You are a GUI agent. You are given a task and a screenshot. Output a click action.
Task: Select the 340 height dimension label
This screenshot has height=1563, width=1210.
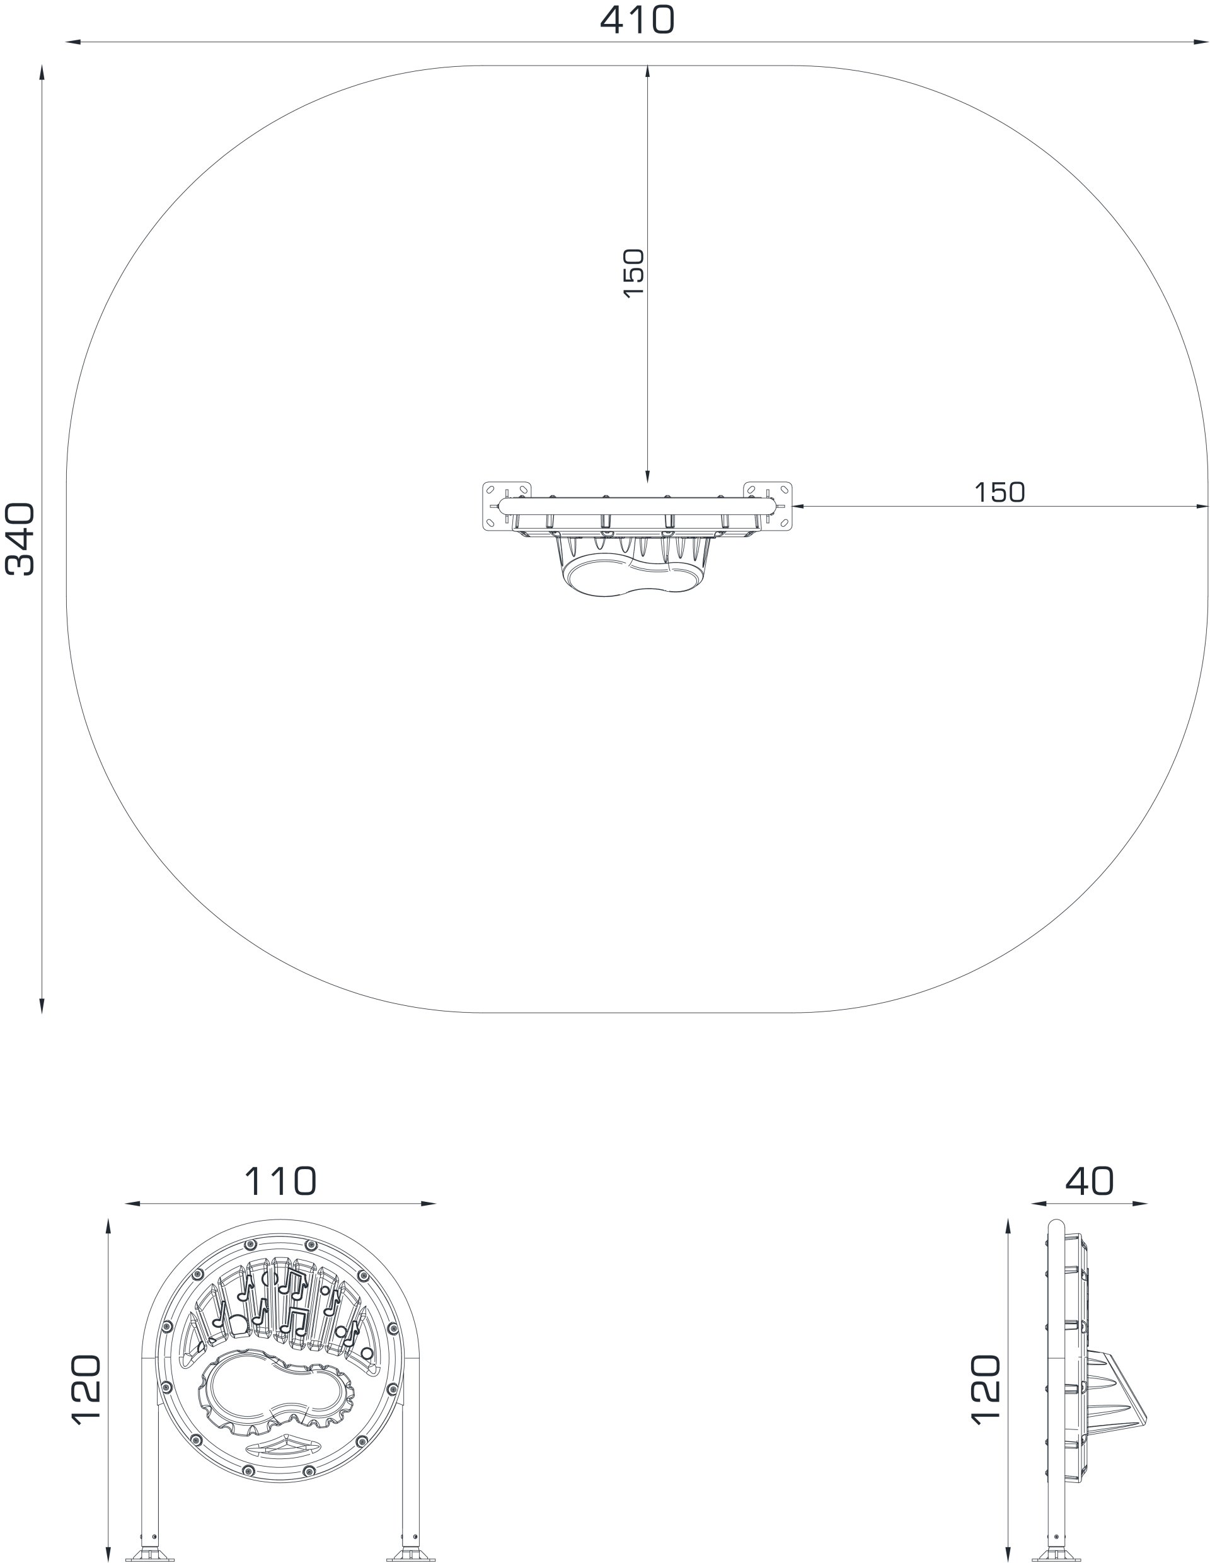point(20,539)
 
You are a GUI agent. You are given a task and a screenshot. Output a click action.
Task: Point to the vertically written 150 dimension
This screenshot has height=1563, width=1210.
point(633,273)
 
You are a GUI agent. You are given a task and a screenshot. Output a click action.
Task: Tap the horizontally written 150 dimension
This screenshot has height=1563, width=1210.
point(999,492)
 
